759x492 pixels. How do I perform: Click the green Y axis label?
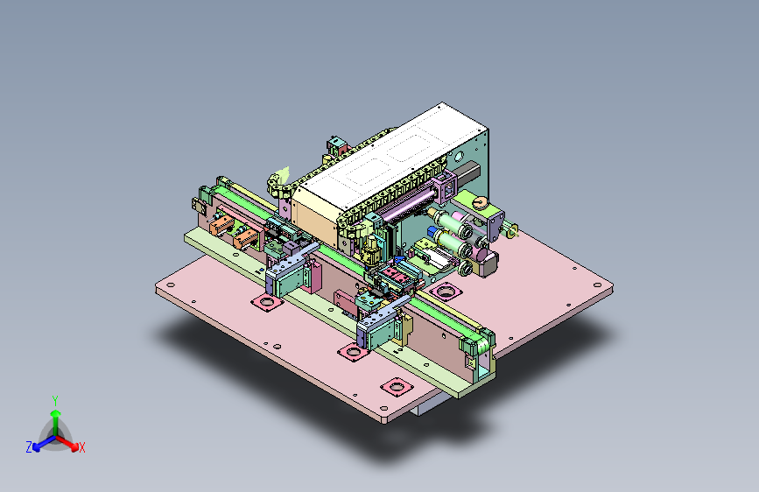point(55,400)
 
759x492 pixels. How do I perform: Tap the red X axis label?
point(81,447)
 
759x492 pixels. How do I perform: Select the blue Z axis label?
point(29,447)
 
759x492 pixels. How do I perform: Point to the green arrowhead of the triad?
point(56,413)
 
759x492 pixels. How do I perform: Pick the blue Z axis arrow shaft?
point(46,441)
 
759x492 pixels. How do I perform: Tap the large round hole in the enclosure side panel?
point(459,157)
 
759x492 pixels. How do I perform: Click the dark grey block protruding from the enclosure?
point(468,172)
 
